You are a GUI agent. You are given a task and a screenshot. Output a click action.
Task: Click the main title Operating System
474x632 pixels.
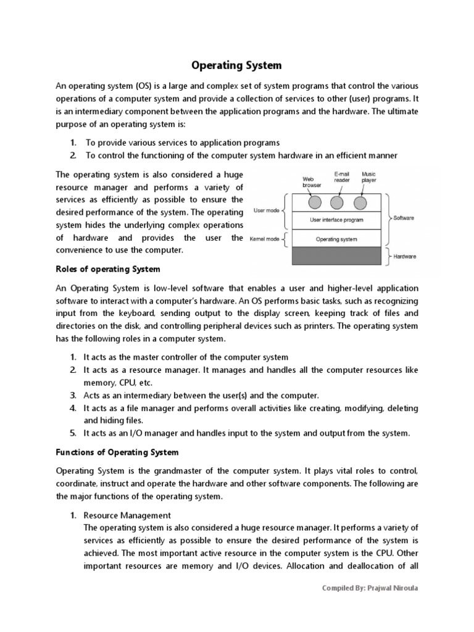click(x=237, y=65)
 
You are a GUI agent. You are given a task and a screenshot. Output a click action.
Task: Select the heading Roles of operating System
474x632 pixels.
click(x=108, y=268)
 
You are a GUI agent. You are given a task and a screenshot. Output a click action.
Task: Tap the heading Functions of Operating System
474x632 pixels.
click(x=117, y=452)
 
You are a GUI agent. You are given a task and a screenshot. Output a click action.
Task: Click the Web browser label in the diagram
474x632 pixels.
click(x=312, y=181)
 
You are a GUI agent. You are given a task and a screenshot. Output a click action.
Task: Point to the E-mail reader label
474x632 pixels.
click(x=342, y=177)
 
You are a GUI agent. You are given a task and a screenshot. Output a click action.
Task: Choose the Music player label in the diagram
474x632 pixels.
click(x=369, y=177)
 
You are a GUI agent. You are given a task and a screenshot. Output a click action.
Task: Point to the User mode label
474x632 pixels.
click(x=267, y=210)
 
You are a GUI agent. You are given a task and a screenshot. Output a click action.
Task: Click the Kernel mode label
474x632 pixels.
click(x=265, y=238)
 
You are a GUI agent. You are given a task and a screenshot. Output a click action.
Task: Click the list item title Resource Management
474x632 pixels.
click(x=127, y=515)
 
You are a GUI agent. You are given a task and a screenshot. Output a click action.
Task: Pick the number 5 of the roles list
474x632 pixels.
click(x=72, y=433)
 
